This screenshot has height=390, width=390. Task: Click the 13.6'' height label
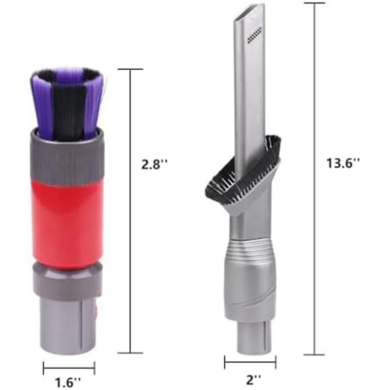[343, 163]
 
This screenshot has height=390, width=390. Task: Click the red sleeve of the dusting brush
[68, 222]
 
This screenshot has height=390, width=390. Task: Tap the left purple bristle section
[42, 105]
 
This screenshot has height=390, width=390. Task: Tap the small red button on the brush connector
[95, 310]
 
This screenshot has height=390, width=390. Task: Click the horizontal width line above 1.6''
[69, 368]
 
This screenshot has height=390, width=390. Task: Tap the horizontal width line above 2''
[250, 362]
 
